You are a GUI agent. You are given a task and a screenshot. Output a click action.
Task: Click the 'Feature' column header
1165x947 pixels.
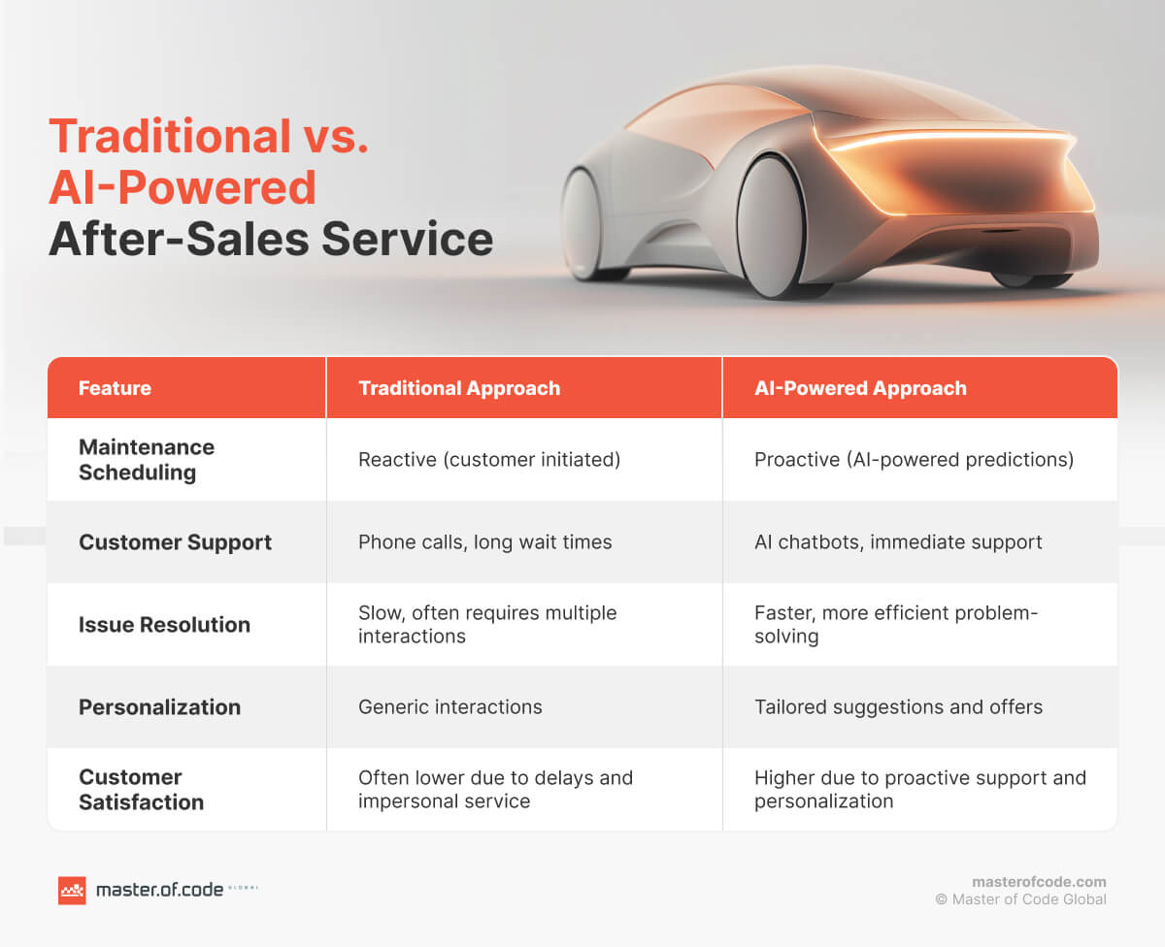click(x=115, y=388)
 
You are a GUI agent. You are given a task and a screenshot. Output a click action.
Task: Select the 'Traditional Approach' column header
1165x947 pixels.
click(x=458, y=388)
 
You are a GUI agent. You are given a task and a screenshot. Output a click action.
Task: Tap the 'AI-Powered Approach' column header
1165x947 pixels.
click(x=860, y=388)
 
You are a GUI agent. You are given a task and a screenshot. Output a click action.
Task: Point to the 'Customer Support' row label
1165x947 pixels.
click(x=175, y=542)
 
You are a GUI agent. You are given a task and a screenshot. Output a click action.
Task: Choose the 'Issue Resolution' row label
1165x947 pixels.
click(x=164, y=625)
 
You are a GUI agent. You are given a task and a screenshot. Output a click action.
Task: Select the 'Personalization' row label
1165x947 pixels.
click(x=159, y=707)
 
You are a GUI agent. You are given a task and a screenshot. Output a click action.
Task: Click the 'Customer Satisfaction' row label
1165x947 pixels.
click(x=141, y=790)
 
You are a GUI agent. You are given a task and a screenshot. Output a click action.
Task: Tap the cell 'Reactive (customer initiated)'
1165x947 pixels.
click(x=488, y=460)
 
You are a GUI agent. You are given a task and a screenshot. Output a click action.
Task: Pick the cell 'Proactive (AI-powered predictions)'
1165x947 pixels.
click(x=914, y=460)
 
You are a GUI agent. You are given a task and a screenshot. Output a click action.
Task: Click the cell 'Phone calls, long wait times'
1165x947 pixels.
click(x=484, y=542)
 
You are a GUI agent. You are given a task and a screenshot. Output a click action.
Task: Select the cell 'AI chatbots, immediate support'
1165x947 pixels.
click(x=898, y=542)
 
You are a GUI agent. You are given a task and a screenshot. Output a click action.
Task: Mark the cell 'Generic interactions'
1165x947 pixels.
click(x=449, y=707)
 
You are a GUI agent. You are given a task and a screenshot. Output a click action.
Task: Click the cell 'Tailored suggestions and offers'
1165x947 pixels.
click(x=898, y=707)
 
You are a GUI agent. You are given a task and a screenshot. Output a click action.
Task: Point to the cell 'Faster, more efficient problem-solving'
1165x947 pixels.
click(x=895, y=625)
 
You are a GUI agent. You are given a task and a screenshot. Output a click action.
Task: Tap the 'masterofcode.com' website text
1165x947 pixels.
click(x=1039, y=882)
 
